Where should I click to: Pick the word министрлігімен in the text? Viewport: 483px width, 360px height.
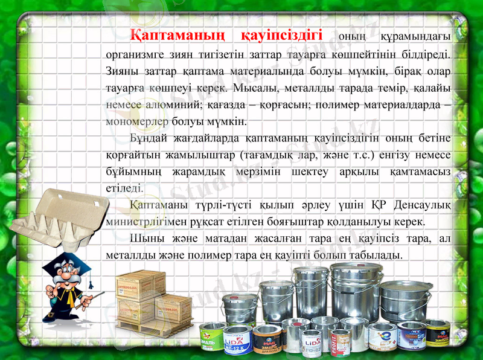(146, 221)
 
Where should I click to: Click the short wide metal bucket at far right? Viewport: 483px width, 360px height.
(406, 300)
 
